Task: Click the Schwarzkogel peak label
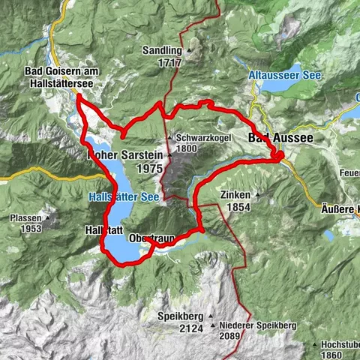[x=203, y=138]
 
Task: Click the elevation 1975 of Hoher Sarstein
[x=150, y=169]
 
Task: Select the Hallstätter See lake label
[x=124, y=197]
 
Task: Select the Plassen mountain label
[x=25, y=217]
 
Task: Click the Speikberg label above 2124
[x=178, y=315]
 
